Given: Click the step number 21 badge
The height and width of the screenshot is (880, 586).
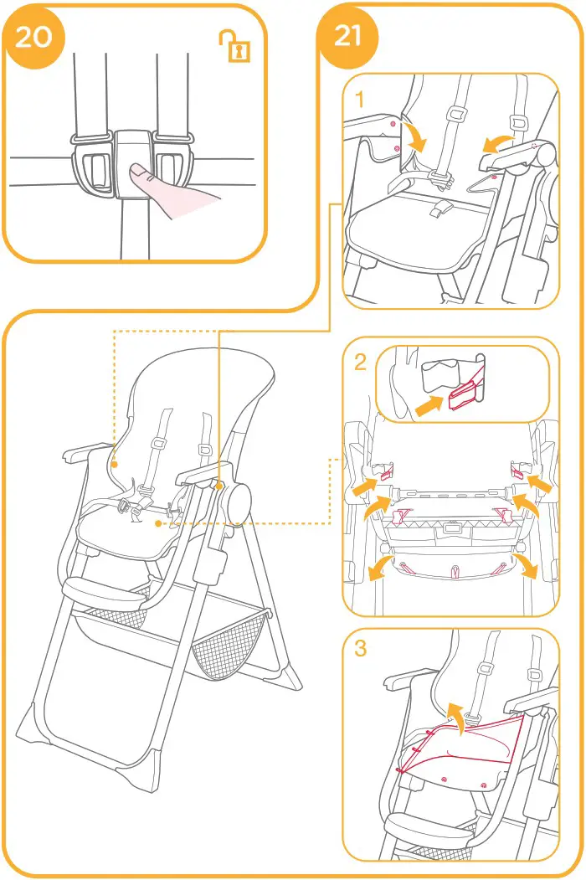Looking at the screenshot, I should pyautogui.click(x=347, y=36).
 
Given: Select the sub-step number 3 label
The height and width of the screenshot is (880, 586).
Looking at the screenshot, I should pyautogui.click(x=360, y=649).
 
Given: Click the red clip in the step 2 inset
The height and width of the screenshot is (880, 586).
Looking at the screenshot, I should pyautogui.click(x=462, y=396).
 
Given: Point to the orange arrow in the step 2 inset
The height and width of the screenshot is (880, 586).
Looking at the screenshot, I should pyautogui.click(x=429, y=408).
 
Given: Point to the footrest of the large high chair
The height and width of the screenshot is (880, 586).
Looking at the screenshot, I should pyautogui.click(x=102, y=592).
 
